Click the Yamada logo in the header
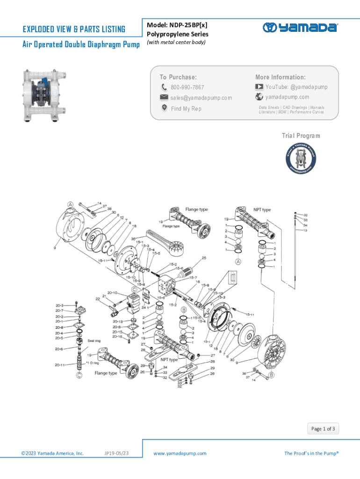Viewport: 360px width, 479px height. click(x=300, y=27)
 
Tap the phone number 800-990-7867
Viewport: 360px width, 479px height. click(x=187, y=87)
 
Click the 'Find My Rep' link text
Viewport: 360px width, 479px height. click(x=186, y=109)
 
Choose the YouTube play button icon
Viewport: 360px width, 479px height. click(x=259, y=87)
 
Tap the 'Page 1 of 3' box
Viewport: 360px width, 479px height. click(x=323, y=428)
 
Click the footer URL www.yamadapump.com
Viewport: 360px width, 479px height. click(x=180, y=453)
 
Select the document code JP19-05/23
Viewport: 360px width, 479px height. click(x=117, y=453)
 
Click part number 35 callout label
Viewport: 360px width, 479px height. click(x=133, y=239)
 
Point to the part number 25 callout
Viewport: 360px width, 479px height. click(x=204, y=258)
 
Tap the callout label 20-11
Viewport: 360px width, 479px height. click(x=59, y=365)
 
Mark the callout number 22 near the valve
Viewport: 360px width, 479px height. click(x=98, y=298)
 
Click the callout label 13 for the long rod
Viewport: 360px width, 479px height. click(x=305, y=230)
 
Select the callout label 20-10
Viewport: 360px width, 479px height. click(x=112, y=293)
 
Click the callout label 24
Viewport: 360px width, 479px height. click(x=144, y=307)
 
